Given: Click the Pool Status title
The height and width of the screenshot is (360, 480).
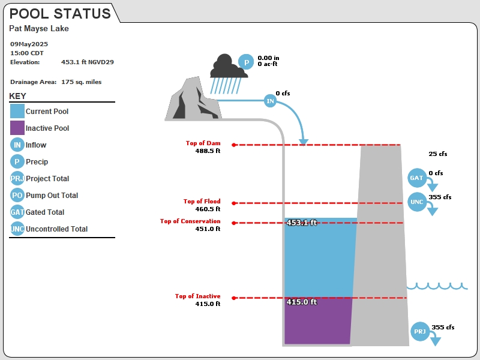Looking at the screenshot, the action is click(60, 14).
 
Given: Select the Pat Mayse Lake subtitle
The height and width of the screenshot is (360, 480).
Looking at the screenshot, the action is click(39, 28).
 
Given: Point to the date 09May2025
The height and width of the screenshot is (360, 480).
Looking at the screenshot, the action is click(29, 44).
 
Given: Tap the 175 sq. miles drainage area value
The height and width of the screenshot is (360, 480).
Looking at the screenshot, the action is click(82, 82).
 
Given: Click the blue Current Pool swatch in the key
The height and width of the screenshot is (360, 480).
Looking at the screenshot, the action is click(17, 111).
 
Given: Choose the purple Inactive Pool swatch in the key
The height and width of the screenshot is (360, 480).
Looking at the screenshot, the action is click(17, 128).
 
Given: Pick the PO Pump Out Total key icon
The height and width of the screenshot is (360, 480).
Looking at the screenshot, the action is click(17, 195).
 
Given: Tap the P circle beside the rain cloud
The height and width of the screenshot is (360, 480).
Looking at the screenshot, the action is click(246, 62).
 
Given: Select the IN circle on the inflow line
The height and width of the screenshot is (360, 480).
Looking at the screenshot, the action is click(270, 101).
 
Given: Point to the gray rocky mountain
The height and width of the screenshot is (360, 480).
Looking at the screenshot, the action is click(193, 100).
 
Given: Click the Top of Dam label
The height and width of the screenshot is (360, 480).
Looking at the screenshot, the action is click(203, 143).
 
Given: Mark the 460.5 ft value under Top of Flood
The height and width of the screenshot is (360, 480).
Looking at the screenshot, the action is click(208, 209).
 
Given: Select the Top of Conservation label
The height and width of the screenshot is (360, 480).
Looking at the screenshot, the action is click(190, 221).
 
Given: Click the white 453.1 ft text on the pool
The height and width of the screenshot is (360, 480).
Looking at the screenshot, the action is click(302, 223).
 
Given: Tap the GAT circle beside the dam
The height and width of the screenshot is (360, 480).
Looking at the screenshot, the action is click(417, 178).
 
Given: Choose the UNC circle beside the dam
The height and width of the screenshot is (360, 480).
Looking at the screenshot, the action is click(417, 202).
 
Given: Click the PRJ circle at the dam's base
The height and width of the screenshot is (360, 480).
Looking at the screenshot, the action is click(420, 332).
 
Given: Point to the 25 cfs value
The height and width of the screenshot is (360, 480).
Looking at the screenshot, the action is click(438, 154).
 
